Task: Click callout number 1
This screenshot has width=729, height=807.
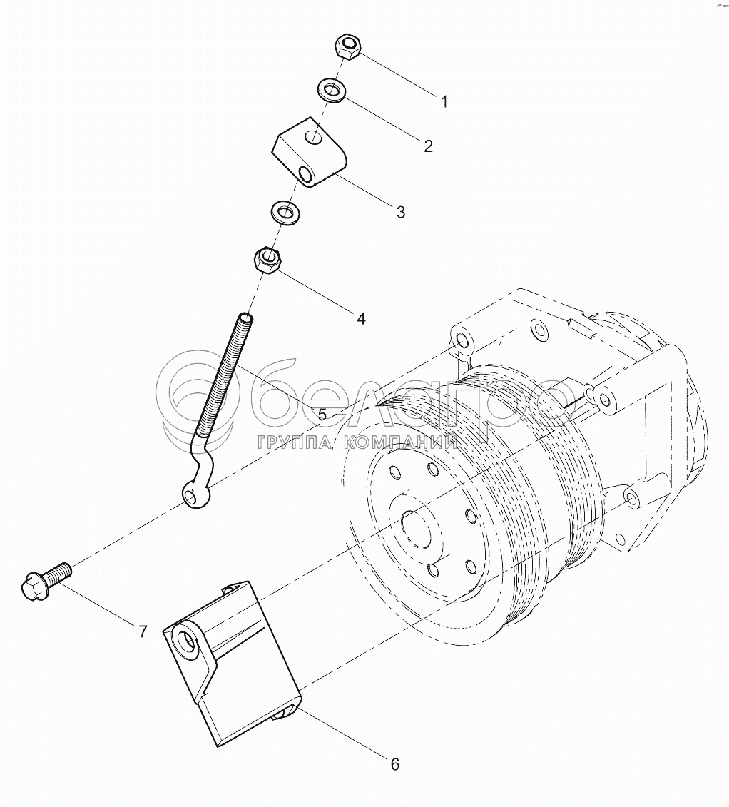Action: pos(444,102)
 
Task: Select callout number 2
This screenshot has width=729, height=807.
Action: pos(428,146)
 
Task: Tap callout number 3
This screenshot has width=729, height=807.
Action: pos(400,212)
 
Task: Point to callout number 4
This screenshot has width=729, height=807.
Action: pos(361,319)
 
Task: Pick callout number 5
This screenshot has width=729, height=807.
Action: pos(322,415)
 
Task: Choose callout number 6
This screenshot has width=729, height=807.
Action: pos(394,765)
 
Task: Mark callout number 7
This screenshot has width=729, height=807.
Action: pos(143,631)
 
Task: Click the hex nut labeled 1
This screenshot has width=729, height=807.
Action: pos(347,47)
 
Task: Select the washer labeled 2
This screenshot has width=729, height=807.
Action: pos(330,91)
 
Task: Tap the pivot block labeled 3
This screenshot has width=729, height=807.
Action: pos(310,153)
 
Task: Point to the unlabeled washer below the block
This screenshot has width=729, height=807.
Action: pos(285,211)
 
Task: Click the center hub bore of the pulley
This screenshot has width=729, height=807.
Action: pos(416,527)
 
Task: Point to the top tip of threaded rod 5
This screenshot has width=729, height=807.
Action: pos(246,316)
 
